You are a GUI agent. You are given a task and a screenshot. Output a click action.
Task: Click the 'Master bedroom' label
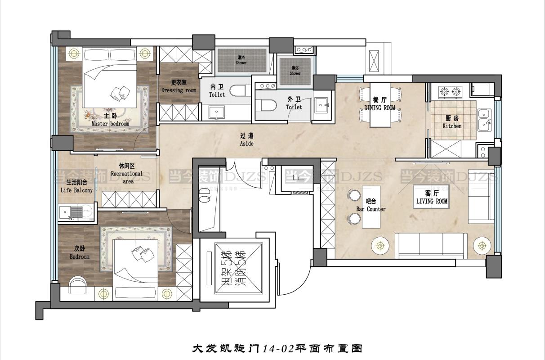pyautogui.click(x=110, y=123)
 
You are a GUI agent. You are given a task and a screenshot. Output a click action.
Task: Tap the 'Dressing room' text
pyautogui.click(x=179, y=90)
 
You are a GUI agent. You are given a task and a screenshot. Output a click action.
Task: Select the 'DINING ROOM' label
pyautogui.click(x=380, y=108)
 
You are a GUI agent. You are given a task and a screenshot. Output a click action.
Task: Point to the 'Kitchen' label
pyautogui.click(x=452, y=126)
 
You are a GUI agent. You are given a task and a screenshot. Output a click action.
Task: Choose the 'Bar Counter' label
pyautogui.click(x=371, y=209)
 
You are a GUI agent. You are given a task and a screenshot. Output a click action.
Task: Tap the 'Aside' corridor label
pyautogui.click(x=247, y=144)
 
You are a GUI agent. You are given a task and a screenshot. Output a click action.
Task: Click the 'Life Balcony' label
pyautogui.click(x=76, y=190)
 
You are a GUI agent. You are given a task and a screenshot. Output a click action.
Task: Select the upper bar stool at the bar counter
pyautogui.click(x=354, y=195)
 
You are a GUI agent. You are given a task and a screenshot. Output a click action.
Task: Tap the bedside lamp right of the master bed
pyautogui.click(x=144, y=53)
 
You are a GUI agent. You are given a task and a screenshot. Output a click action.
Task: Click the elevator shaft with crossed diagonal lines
pyautogui.click(x=232, y=269)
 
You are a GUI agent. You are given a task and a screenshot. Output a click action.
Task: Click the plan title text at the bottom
pyautogui.click(x=277, y=348)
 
